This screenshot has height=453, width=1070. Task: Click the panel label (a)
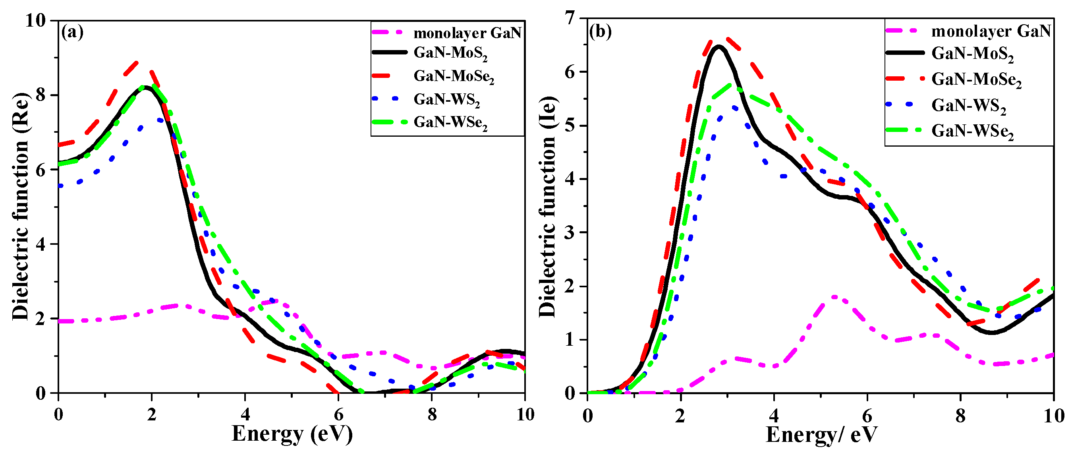click(x=72, y=32)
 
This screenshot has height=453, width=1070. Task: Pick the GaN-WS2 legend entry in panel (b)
click(x=968, y=106)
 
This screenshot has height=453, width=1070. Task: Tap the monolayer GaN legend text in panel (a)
click(x=467, y=33)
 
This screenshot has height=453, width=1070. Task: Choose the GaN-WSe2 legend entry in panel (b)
click(x=972, y=131)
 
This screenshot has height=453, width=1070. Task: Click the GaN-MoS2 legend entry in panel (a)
click(x=450, y=53)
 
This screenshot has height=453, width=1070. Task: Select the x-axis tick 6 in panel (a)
click(x=338, y=414)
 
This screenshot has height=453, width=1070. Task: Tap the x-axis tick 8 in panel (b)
click(x=960, y=416)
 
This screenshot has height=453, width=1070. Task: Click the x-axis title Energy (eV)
click(x=292, y=434)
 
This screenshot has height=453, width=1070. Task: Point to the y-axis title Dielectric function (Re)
click(x=20, y=207)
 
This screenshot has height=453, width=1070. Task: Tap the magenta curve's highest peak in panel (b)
click(x=834, y=297)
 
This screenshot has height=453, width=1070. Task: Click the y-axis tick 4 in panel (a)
click(x=41, y=244)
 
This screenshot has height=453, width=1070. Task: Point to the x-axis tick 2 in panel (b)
click(x=680, y=416)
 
